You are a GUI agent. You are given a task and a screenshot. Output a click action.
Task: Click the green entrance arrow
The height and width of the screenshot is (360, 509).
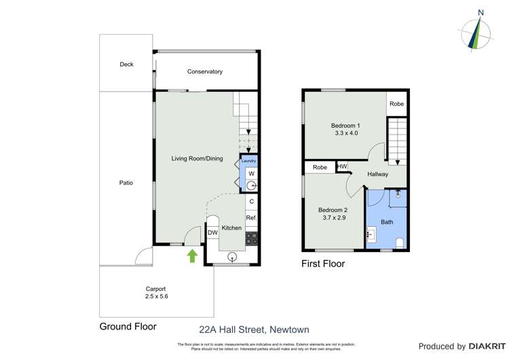192,255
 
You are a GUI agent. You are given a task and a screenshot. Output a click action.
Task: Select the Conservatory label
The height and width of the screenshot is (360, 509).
205,71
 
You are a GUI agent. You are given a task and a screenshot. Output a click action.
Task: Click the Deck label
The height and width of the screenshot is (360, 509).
127,65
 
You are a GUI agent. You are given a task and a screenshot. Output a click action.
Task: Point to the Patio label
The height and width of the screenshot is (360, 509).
126,183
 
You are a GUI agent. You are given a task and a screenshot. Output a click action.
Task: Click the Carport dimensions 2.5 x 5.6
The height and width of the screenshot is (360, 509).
157,296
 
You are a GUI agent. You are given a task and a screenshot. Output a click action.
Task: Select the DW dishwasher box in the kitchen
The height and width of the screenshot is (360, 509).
212,233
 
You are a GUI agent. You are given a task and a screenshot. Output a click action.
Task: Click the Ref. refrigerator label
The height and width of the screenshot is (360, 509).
250,217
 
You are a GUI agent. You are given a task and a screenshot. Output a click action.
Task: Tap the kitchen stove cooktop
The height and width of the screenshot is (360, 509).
250,238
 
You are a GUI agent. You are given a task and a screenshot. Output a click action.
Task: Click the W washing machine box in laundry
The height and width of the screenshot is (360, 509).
250,173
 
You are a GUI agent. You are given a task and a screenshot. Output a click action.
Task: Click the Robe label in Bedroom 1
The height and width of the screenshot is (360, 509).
396,104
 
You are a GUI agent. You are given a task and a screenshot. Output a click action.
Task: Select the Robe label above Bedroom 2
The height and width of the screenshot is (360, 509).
320,167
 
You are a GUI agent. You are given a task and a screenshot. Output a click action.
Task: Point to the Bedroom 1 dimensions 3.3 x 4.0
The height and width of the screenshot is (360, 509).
345,133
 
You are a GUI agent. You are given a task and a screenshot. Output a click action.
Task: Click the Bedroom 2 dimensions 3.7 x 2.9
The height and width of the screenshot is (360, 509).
333,218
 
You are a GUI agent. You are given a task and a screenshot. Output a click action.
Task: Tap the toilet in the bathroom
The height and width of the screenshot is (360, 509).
399,242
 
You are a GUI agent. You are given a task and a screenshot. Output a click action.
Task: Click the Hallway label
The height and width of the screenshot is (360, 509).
378,174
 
